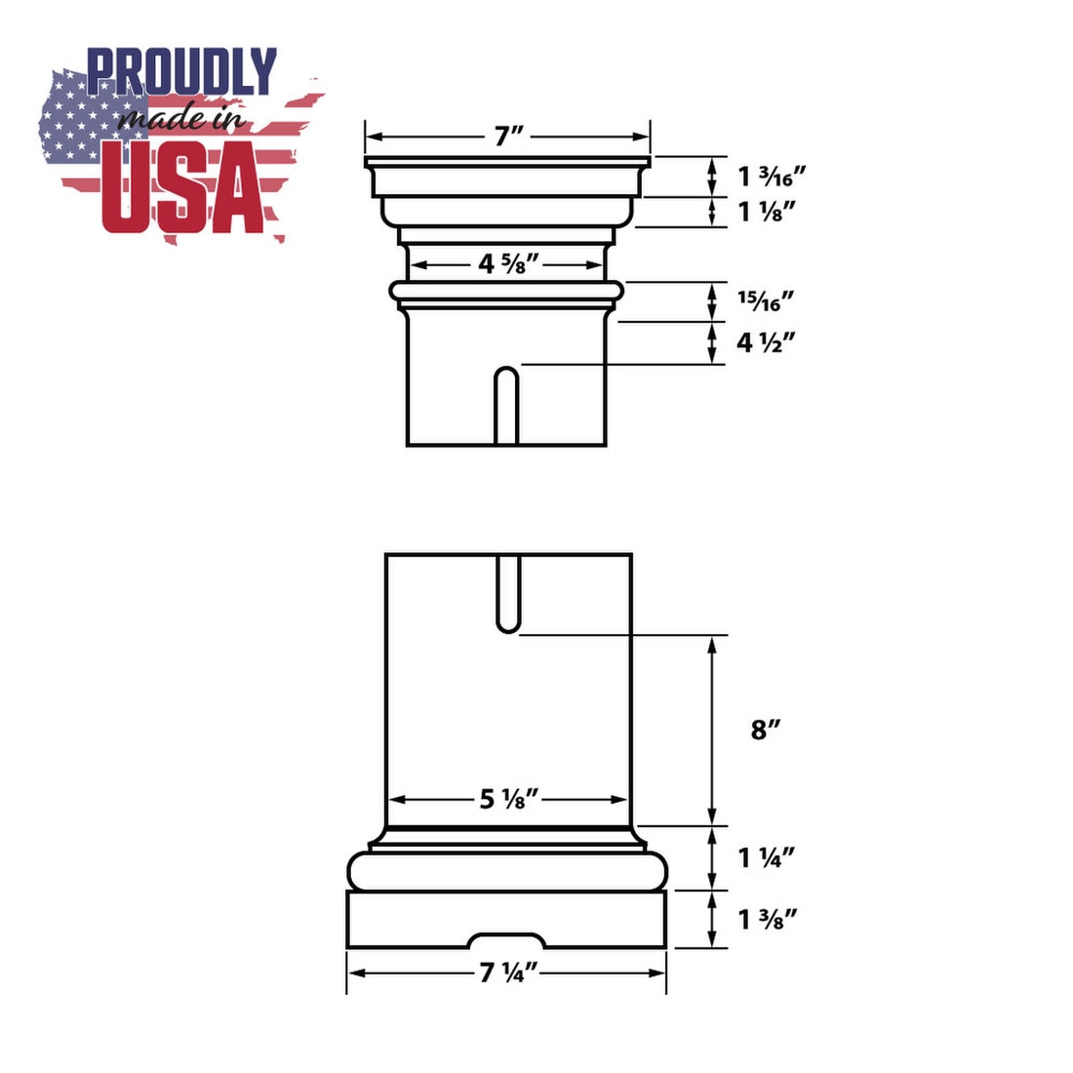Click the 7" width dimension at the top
(x=508, y=137)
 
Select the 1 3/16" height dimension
(x=772, y=177)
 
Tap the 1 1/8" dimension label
(x=767, y=212)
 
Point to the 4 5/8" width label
(x=508, y=264)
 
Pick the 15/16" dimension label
(x=766, y=301)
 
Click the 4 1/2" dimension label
(x=766, y=342)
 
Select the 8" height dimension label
(x=765, y=731)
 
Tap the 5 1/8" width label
(x=509, y=799)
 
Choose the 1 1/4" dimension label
(x=767, y=857)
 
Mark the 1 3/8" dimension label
(x=768, y=919)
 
